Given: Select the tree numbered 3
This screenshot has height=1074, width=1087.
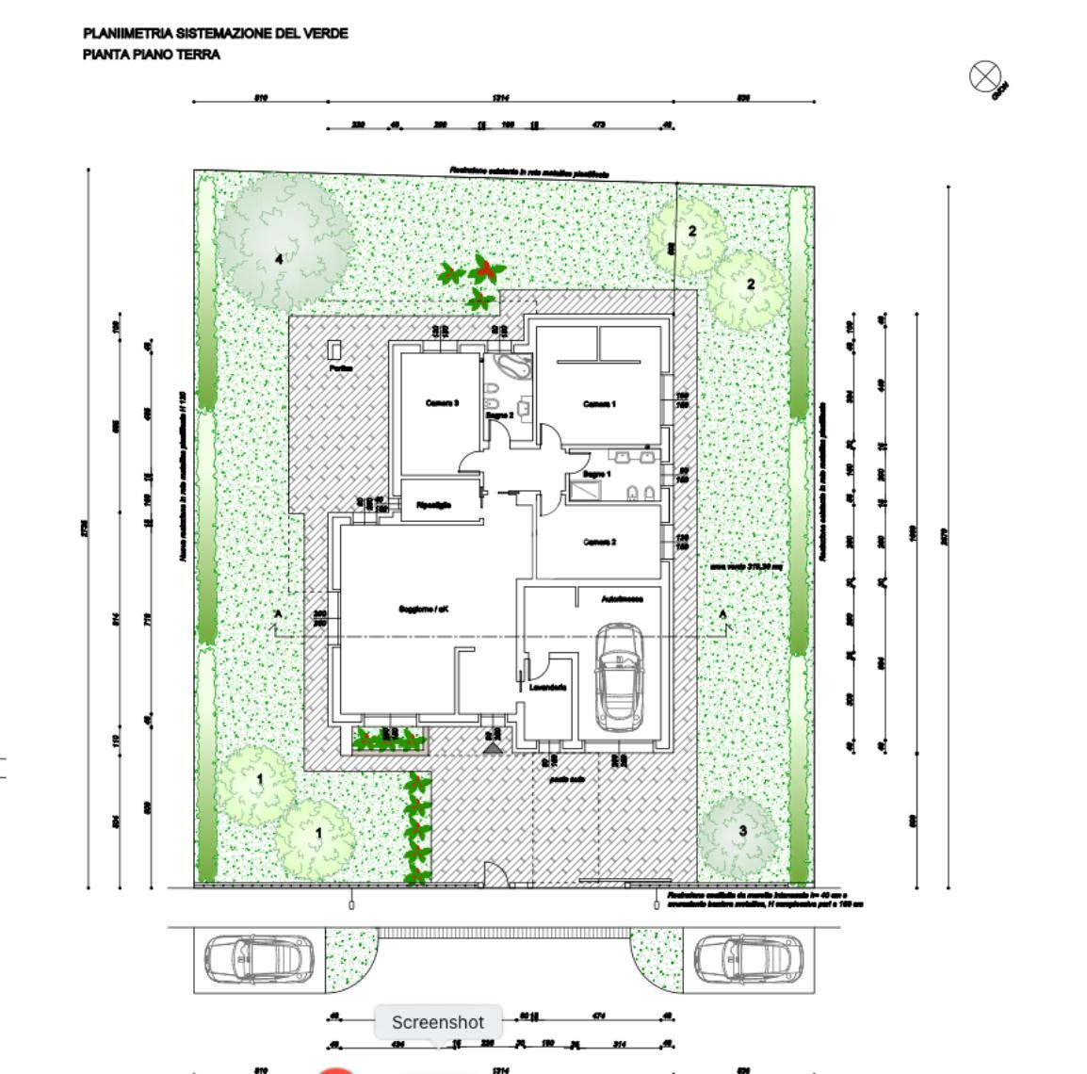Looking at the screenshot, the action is [742, 830].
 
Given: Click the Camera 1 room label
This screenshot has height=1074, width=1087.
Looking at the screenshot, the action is [599, 404].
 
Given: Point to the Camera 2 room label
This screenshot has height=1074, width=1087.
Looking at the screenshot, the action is [599, 542].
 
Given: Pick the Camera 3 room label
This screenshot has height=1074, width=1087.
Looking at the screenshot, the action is [442, 403].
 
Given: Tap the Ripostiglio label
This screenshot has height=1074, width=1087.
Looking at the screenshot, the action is [433, 506].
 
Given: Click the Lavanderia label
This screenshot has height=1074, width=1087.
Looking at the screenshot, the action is [547, 688].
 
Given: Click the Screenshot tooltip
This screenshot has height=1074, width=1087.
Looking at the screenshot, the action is [437, 1022].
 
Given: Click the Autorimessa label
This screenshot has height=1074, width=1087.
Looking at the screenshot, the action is [622, 598].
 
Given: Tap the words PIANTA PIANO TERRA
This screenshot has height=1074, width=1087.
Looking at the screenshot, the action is [152, 55].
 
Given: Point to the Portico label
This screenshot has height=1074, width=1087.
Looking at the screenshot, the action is [340, 368].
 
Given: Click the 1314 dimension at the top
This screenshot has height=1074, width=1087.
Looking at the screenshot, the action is [500, 97].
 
